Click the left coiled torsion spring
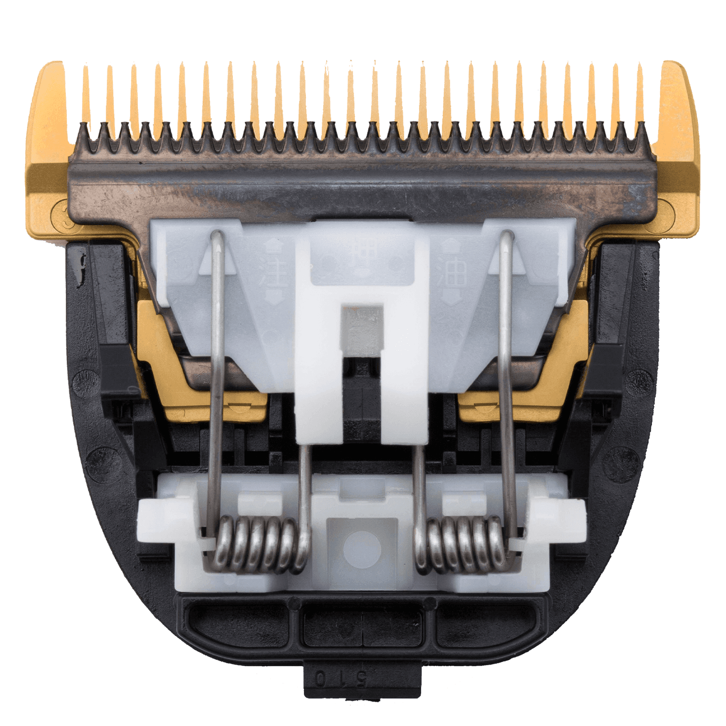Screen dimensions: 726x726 pyautogui.click(x=257, y=544)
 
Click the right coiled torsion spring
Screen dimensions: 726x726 pyautogui.click(x=464, y=544)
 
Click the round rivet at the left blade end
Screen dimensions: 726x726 pyautogui.click(x=63, y=217)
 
